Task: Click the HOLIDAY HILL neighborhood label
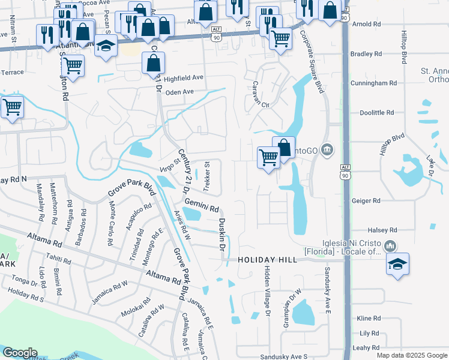click(x=267, y=260)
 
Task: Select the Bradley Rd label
click(x=366, y=54)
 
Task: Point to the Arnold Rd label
click(x=367, y=25)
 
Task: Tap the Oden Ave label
click(x=179, y=92)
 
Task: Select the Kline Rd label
click(x=369, y=318)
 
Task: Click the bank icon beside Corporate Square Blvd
click(x=327, y=149)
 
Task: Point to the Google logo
click(x=20, y=353)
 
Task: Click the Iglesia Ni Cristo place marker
click(x=390, y=245)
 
